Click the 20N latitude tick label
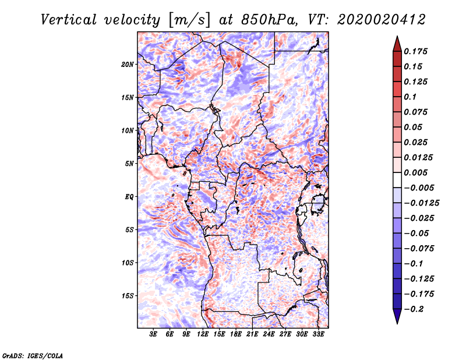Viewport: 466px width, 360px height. coord(128,64)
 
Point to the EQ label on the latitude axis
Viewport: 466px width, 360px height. coord(129,197)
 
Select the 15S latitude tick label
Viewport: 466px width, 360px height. coord(128,296)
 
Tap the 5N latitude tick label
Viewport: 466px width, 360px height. coord(129,164)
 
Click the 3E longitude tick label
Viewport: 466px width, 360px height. coord(154,334)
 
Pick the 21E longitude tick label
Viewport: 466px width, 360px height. coord(252,334)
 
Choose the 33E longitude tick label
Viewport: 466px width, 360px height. coord(318,334)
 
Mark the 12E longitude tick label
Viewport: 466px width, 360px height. coord(203,334)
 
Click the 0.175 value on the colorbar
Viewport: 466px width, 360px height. coord(417,51)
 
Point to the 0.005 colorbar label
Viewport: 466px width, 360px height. coord(417,172)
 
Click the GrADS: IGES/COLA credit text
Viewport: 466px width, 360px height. coord(32,354)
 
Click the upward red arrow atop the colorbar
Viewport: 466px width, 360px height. coord(397,43)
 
